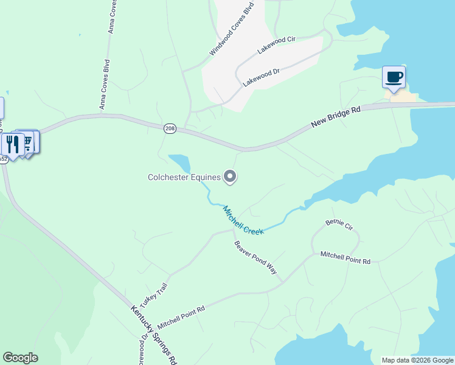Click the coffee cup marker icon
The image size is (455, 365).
coord(394,77)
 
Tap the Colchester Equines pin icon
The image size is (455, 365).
coord(230,177)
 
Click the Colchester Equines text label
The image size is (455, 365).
coord(184,178)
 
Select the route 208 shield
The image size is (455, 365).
coord(170,128)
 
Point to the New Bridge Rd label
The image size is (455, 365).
coord(336,116)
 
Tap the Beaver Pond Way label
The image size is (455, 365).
coord(256,257)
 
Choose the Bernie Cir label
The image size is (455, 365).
coord(339,225)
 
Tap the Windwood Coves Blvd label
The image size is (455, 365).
coord(231,29)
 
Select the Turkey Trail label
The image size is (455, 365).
coord(153,295)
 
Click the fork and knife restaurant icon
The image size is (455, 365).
coord(12,144)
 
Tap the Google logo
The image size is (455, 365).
coord(20,358)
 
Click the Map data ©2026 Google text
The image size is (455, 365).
coord(417,360)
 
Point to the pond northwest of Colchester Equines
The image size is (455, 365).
coord(180,163)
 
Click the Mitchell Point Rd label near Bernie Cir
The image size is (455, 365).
coord(345,257)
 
